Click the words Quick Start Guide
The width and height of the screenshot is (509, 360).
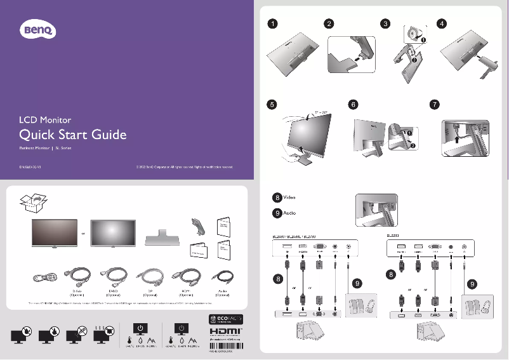(73, 135)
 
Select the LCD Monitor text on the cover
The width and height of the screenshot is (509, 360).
(45, 119)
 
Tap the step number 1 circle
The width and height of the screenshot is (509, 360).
(272, 24)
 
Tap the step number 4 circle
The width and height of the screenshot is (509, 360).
(442, 24)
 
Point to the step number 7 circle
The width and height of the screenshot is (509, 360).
(434, 105)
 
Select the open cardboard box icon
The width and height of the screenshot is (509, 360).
(32, 203)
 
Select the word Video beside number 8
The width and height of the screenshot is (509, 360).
(289, 198)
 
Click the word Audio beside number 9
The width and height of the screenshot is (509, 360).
(289, 213)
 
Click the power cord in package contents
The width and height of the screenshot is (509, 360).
(46, 277)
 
